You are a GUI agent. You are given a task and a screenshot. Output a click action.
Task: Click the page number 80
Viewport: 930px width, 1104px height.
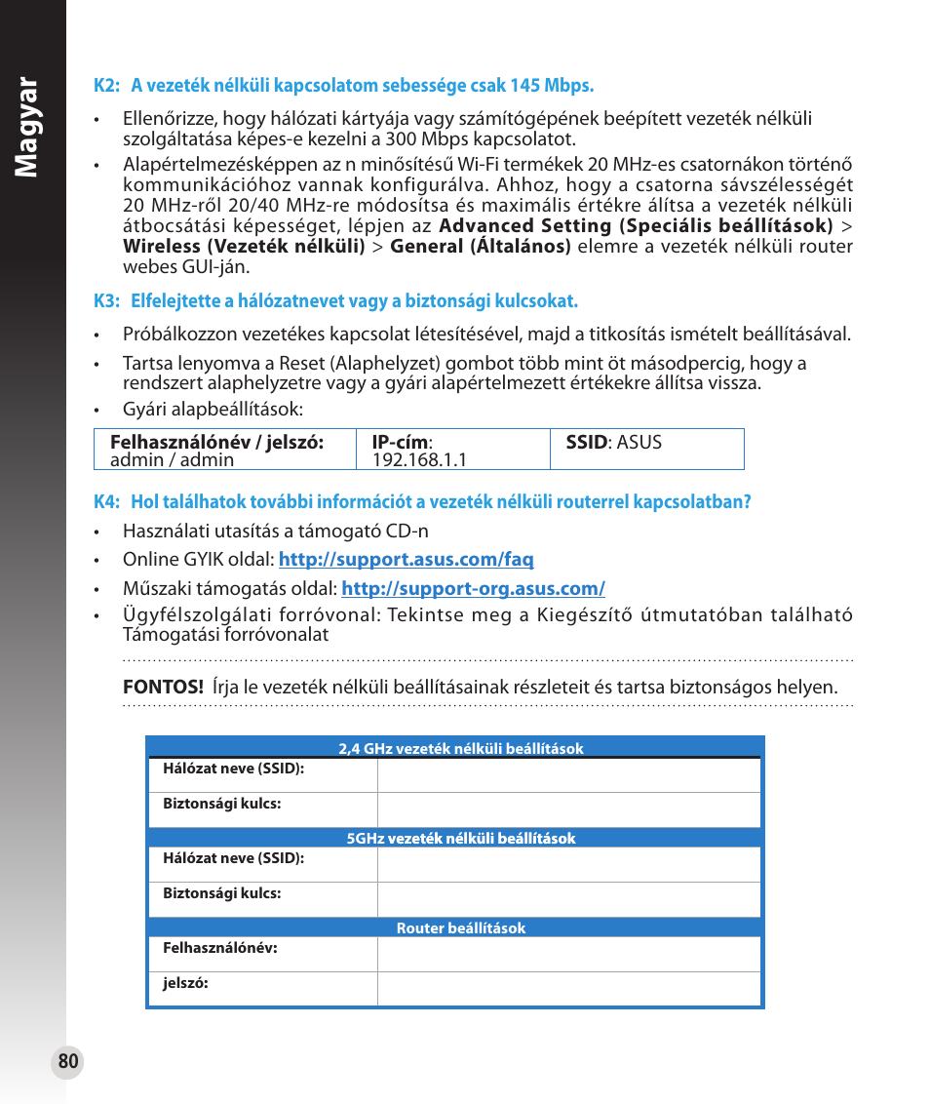click(67, 1062)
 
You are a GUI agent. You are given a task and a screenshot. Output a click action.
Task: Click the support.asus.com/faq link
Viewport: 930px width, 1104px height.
click(406, 560)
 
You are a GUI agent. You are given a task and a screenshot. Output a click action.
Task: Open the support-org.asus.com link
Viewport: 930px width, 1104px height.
click(473, 589)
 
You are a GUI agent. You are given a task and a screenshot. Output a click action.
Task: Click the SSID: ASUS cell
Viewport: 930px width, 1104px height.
click(614, 443)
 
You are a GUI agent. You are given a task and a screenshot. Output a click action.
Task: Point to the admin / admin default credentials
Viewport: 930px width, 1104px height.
click(172, 459)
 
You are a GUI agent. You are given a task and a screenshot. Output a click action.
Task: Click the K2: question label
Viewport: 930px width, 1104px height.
click(106, 86)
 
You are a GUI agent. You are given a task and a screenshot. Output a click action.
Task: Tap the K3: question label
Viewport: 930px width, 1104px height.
click(106, 301)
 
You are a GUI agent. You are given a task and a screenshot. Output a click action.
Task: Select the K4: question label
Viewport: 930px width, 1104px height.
click(106, 502)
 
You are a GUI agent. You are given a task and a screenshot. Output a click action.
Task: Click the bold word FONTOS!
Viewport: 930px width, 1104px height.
click(162, 688)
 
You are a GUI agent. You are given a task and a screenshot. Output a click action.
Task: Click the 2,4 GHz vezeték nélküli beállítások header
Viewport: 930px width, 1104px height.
click(460, 749)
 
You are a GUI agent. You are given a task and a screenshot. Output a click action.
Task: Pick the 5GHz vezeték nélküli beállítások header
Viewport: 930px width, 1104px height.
click(460, 839)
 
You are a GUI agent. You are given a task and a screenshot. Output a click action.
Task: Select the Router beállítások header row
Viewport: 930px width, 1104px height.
click(460, 928)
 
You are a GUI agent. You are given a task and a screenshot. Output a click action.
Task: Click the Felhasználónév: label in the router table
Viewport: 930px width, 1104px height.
click(219, 948)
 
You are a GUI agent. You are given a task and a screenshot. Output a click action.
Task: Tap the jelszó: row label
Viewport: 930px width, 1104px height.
click(185, 984)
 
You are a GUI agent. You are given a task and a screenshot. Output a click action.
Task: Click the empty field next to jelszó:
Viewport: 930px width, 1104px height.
click(567, 988)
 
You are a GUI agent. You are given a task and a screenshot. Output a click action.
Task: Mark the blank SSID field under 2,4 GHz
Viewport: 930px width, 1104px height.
click(567, 775)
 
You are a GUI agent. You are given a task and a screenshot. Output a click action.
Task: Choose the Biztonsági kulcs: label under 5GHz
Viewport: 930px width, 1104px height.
click(221, 893)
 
